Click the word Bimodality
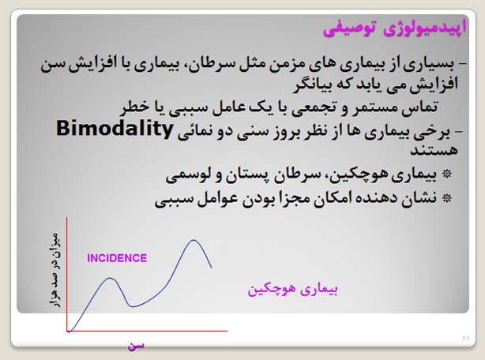tap(114, 129)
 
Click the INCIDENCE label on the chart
tap(117, 258)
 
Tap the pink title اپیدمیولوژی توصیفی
tap(394, 28)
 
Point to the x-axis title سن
tap(136, 346)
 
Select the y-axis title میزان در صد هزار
tap(55, 269)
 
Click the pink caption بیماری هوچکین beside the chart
tap(292, 289)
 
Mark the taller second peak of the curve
tap(194, 240)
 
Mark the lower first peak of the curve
tap(110, 278)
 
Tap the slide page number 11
tap(466, 338)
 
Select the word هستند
tap(434, 151)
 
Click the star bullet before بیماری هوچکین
tap(446, 174)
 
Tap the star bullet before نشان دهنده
tap(446, 198)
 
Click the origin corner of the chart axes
tap(67, 331)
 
